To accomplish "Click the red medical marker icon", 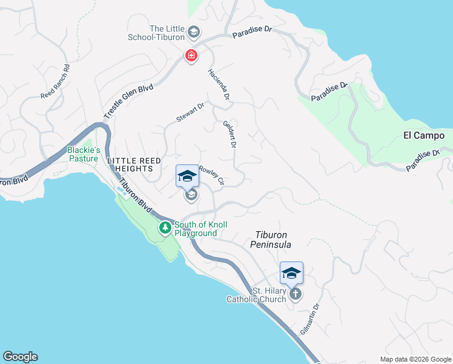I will coord(191,56).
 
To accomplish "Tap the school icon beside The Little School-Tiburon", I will coord(194,32).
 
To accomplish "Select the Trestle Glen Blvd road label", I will coord(128,101).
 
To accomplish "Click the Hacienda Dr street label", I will coord(219,84).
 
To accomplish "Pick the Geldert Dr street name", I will coord(230,133).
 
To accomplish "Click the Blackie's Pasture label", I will coord(83,155).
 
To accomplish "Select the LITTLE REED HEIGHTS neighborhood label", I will coord(134,165).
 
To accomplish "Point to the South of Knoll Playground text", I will coord(200,229).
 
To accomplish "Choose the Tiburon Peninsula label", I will coord(271,239).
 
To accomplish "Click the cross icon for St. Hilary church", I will coord(295,294).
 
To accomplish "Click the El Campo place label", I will coord(424,136).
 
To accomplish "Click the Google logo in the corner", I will coord(20,357).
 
